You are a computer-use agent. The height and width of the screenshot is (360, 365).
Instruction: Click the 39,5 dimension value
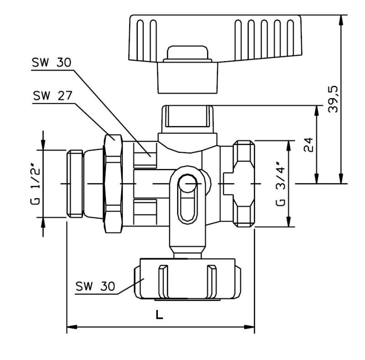coord(333,99)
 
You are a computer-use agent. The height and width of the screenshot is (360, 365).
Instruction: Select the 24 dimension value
coord(309,145)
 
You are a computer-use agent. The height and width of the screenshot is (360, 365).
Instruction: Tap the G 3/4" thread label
coord(280,187)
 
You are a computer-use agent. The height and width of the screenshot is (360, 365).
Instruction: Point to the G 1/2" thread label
coord(36,184)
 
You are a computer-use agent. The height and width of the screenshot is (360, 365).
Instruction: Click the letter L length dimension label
coord(159,315)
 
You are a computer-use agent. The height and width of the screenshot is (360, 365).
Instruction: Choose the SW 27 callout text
coord(52,96)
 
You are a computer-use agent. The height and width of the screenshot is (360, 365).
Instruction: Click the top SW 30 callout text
coord(51,63)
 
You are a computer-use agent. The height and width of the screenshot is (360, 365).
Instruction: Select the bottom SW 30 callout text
coord(95,286)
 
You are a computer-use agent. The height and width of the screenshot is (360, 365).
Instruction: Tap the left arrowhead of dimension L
coord(72,327)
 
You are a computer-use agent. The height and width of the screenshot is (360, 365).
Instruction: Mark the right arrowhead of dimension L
coord(249,327)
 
